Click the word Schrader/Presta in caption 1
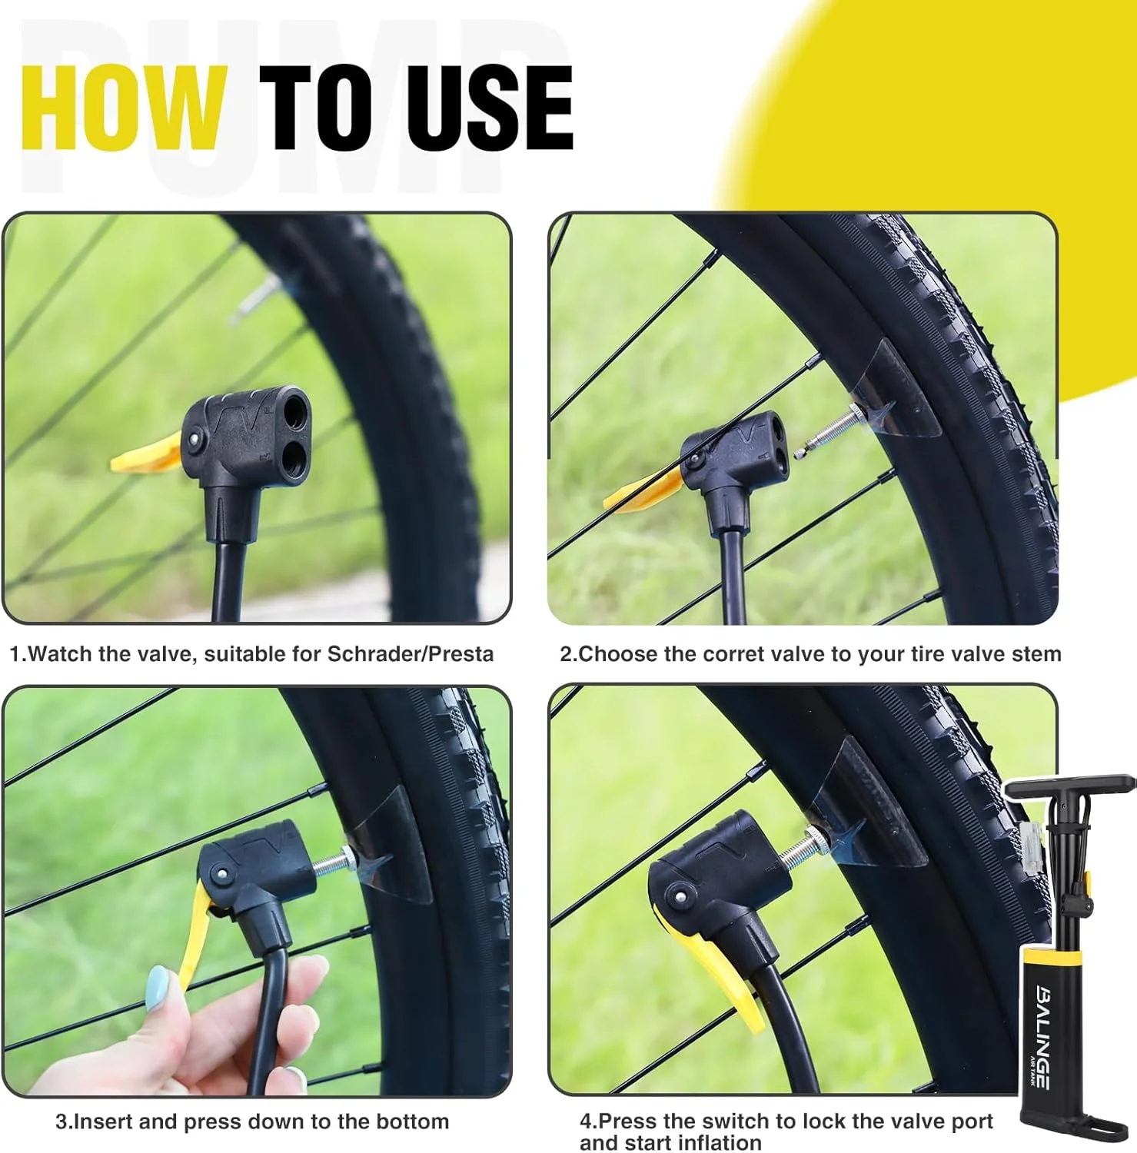coord(411,654)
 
